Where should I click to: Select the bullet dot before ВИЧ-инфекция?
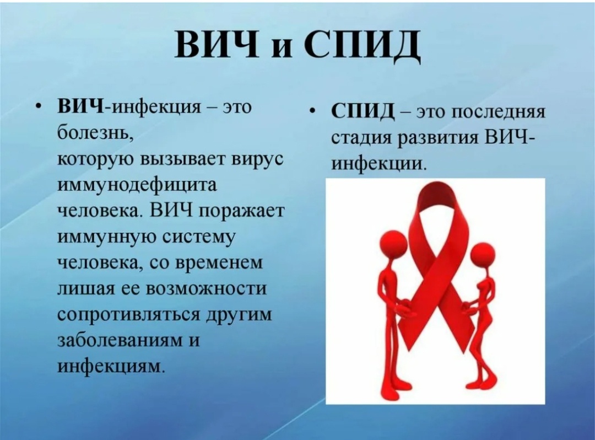point(39,108)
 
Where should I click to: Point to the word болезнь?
point(95,133)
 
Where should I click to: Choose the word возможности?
point(207,289)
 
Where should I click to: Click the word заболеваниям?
point(119,341)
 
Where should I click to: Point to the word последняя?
point(499,112)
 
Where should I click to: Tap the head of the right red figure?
point(483,254)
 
